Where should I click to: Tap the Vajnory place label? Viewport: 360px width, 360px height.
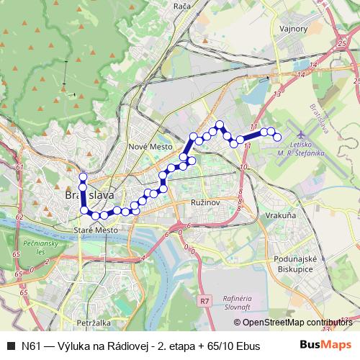coord(293,29)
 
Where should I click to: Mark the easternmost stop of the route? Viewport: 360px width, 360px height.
coord(277,137)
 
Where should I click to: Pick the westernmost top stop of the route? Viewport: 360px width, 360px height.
coord(83,177)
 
